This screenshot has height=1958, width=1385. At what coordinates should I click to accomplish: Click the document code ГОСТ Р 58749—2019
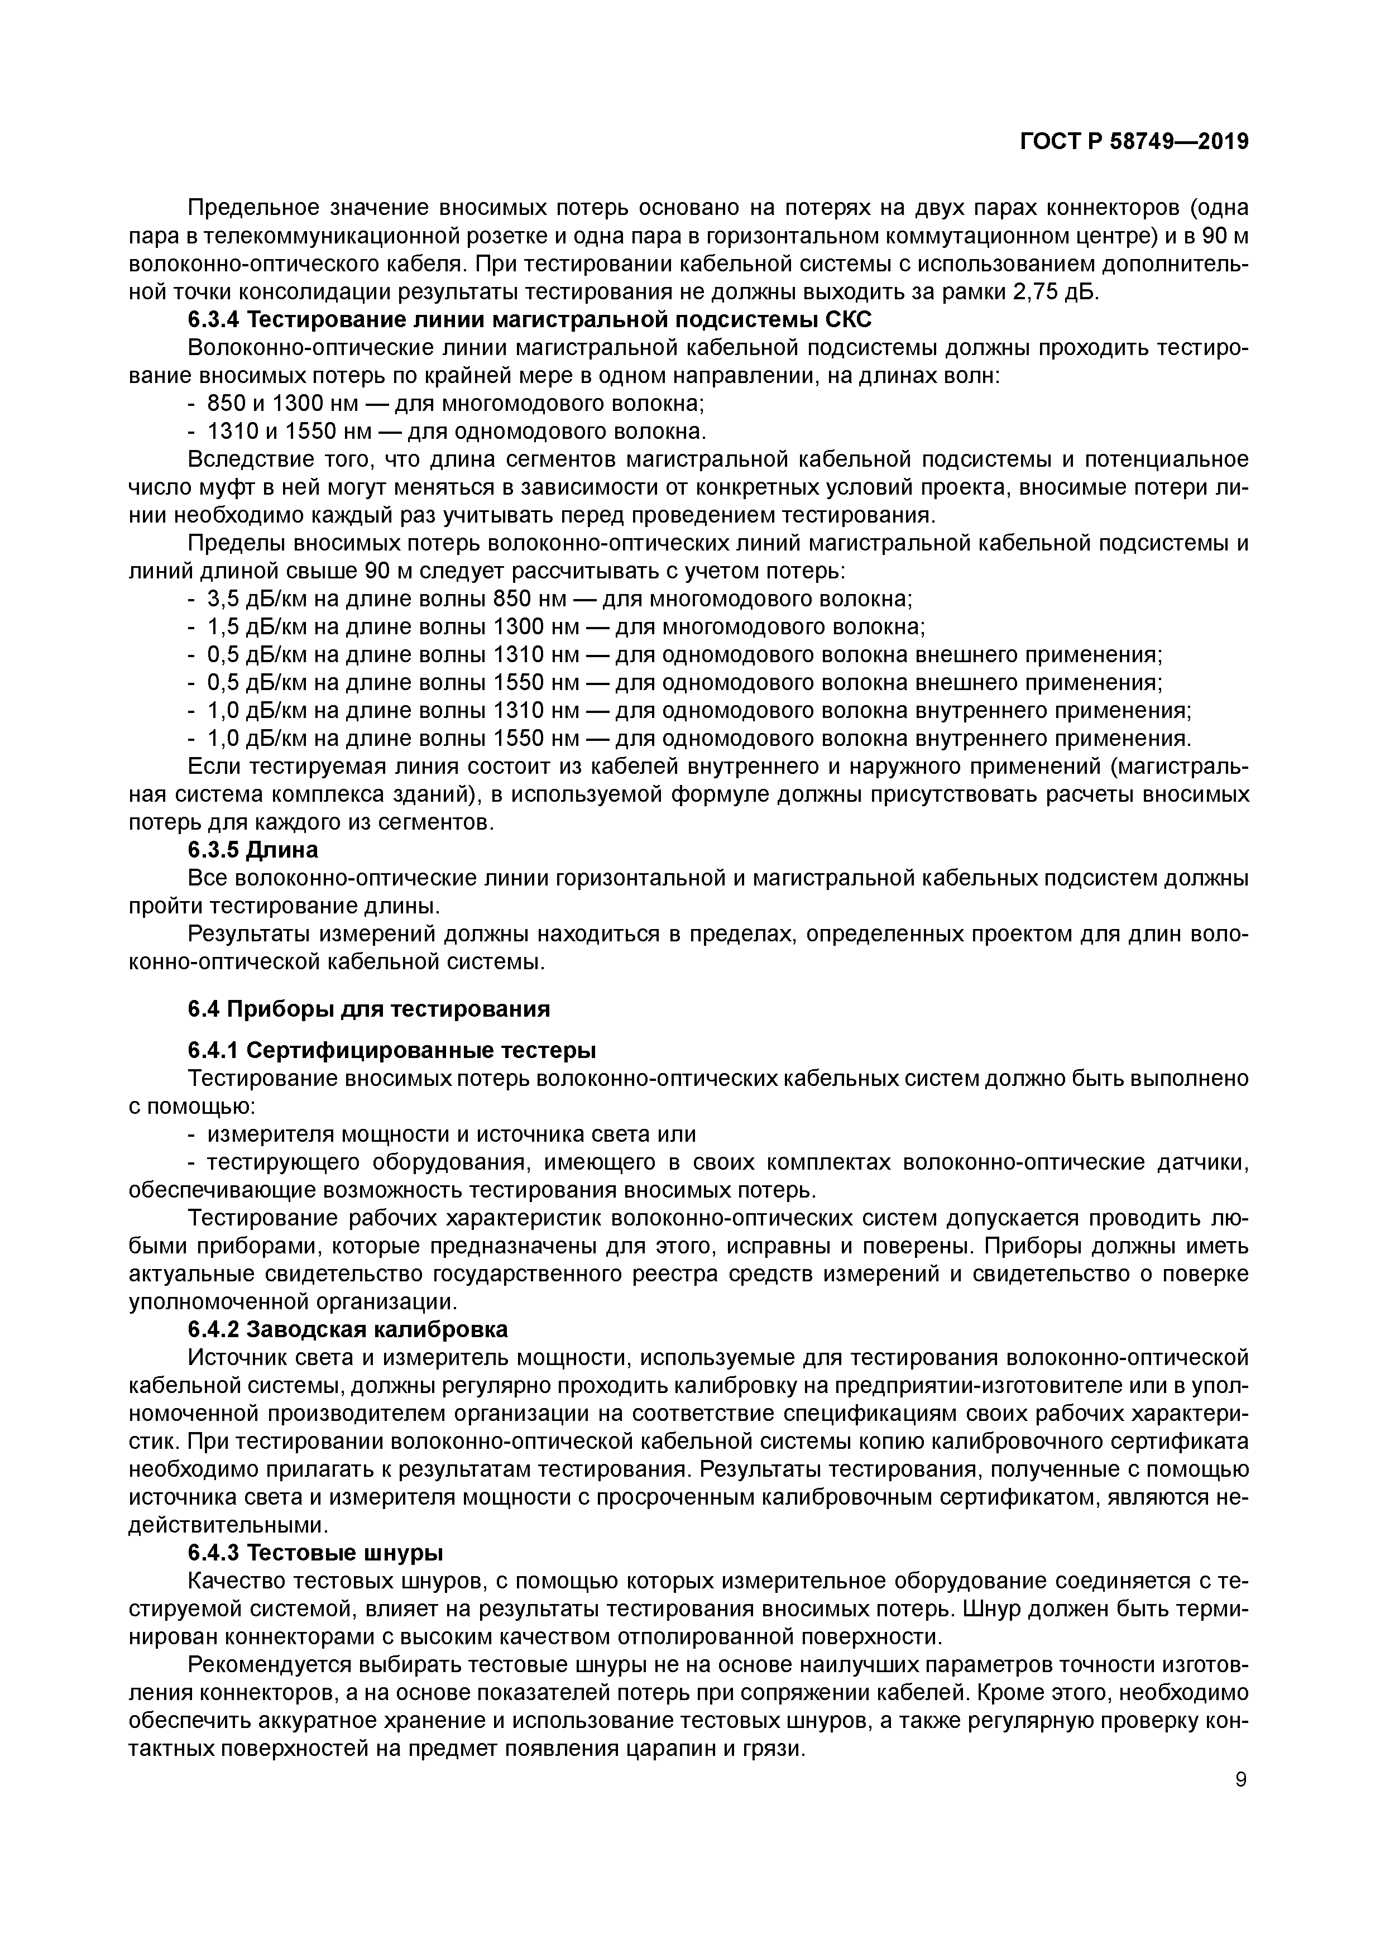pos(1134,142)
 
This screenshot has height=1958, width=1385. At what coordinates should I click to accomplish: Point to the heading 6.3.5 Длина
pos(252,850)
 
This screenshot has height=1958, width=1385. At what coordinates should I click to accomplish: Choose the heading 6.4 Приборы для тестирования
pos(368,1009)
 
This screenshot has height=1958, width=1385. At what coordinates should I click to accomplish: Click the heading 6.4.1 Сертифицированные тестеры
pos(391,1050)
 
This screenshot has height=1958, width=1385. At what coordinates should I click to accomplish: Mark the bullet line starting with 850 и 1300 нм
pos(456,403)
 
